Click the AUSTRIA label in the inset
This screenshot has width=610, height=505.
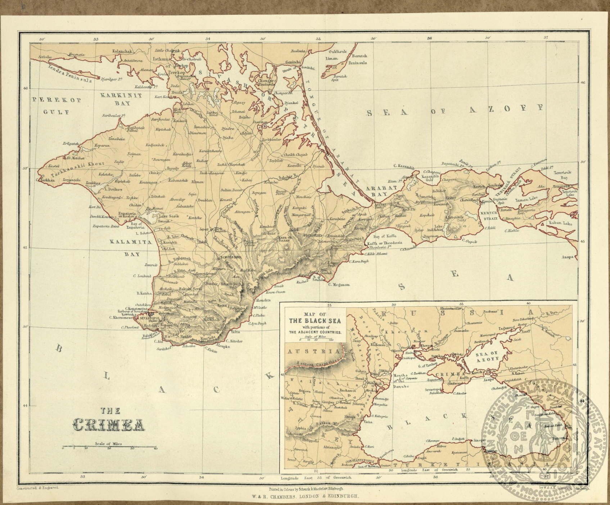point(312,351)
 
